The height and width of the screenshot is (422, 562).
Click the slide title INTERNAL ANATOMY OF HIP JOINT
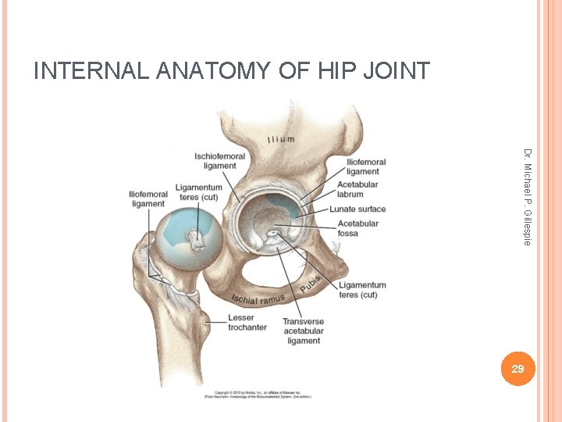pos(231,71)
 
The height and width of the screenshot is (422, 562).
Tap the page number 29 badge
pos(517,368)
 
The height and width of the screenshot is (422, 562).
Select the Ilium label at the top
pos(281,140)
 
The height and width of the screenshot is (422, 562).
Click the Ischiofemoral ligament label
pos(219,161)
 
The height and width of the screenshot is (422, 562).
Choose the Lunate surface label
pos(357,209)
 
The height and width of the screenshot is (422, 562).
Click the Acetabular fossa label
pos(358,228)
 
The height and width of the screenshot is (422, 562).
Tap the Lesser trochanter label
pos(247,322)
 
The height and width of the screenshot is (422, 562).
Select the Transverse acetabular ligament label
pos(303,331)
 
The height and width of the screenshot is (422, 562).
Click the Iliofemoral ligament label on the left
pos(148,198)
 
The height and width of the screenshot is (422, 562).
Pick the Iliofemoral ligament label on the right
pos(363,166)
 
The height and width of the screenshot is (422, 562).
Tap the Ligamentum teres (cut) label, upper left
pos(198,192)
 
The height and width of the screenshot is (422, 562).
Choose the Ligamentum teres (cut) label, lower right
pos(362,290)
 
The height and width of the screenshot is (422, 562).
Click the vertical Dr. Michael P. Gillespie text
pos(528,196)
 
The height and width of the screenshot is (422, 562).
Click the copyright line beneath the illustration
pos(258,395)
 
